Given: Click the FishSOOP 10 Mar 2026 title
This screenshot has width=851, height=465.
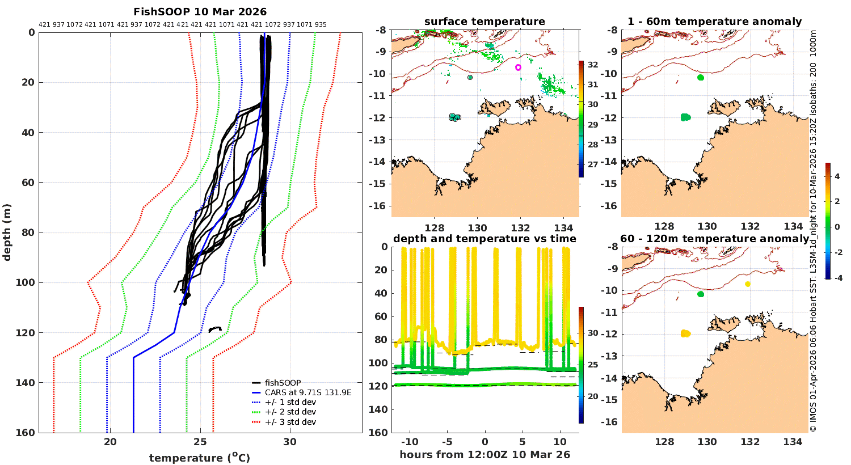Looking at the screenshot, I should point(200,12).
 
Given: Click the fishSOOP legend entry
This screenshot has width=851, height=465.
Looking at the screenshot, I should point(283,383).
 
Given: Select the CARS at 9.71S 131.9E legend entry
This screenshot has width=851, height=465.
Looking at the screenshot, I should point(308,392).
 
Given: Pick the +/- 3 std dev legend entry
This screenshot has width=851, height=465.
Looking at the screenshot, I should point(290,422).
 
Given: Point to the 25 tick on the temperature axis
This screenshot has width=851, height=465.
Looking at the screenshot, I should point(200,442).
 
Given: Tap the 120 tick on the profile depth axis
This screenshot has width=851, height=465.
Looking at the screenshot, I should point(27,333).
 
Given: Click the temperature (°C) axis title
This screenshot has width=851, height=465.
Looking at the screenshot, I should point(200,458).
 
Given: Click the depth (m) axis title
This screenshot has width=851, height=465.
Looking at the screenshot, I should point(7,232).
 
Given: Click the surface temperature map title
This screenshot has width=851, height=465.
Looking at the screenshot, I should point(485,22).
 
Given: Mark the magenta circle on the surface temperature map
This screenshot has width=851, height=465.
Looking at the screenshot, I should point(519,67).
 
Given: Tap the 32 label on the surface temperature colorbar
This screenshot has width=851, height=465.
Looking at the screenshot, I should point(593,65).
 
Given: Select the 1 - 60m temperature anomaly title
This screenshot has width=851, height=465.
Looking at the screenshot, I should point(714,22).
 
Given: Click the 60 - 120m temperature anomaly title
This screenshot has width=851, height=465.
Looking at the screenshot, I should point(714,239).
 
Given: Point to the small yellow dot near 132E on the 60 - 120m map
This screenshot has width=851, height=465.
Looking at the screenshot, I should point(748,284).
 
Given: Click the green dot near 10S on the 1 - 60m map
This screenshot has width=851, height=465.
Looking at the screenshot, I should point(701,78).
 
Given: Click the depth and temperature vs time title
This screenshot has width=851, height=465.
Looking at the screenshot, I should point(485,239).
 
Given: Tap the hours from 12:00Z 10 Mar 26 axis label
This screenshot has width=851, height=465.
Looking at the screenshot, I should point(485,455).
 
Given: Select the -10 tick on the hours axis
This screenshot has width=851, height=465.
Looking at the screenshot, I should point(410,442).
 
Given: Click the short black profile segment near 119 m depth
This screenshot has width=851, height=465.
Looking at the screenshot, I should point(214,329).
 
